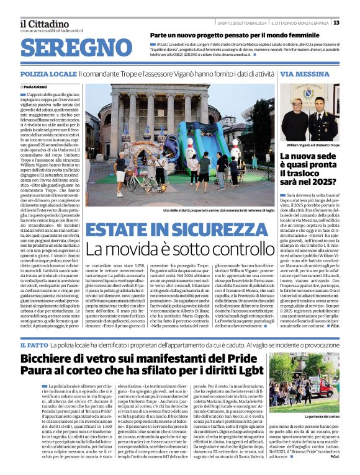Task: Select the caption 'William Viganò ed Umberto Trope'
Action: (x=313, y=144)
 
